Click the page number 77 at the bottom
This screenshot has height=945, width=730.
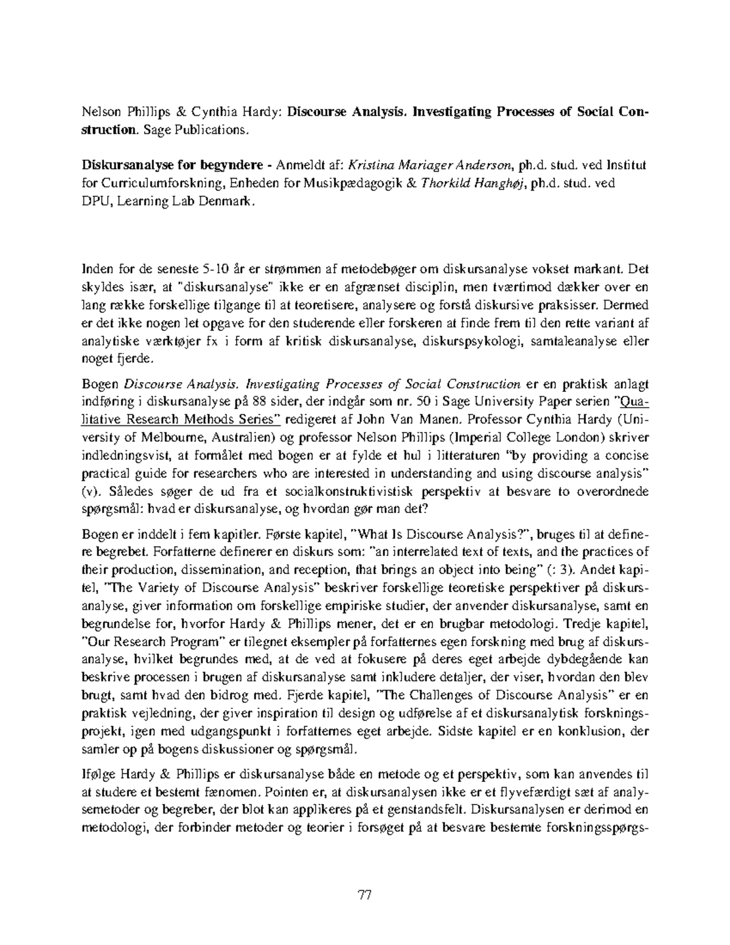[x=365, y=895]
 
